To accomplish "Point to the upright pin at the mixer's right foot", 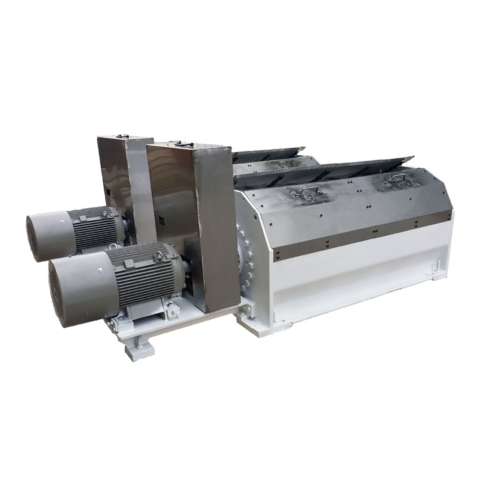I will pyautogui.click(x=438, y=267).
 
